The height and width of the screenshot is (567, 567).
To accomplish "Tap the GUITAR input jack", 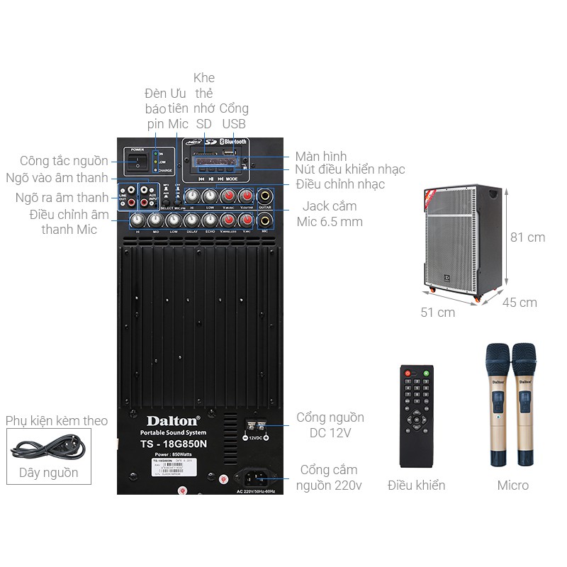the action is pyautogui.click(x=265, y=196).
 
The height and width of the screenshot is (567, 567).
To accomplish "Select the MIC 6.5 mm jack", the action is pyautogui.click(x=265, y=219).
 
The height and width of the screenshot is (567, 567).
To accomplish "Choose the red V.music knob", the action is pyautogui.click(x=228, y=196).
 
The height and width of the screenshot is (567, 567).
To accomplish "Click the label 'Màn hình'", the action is pyautogui.click(x=321, y=156).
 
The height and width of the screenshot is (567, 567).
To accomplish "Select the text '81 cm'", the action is pyautogui.click(x=528, y=237).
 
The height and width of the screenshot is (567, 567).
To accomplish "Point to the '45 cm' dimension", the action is pyautogui.click(x=520, y=303).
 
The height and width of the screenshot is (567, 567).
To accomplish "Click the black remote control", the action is pyautogui.click(x=416, y=418).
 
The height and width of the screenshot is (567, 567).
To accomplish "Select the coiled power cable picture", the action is pyautogui.click(x=47, y=448).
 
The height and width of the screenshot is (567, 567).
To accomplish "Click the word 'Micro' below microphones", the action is pyautogui.click(x=512, y=485).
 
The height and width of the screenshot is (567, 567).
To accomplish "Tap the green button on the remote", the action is pyautogui.click(x=427, y=373).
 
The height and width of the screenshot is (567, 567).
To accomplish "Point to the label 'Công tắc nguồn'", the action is pyautogui.click(x=64, y=161).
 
